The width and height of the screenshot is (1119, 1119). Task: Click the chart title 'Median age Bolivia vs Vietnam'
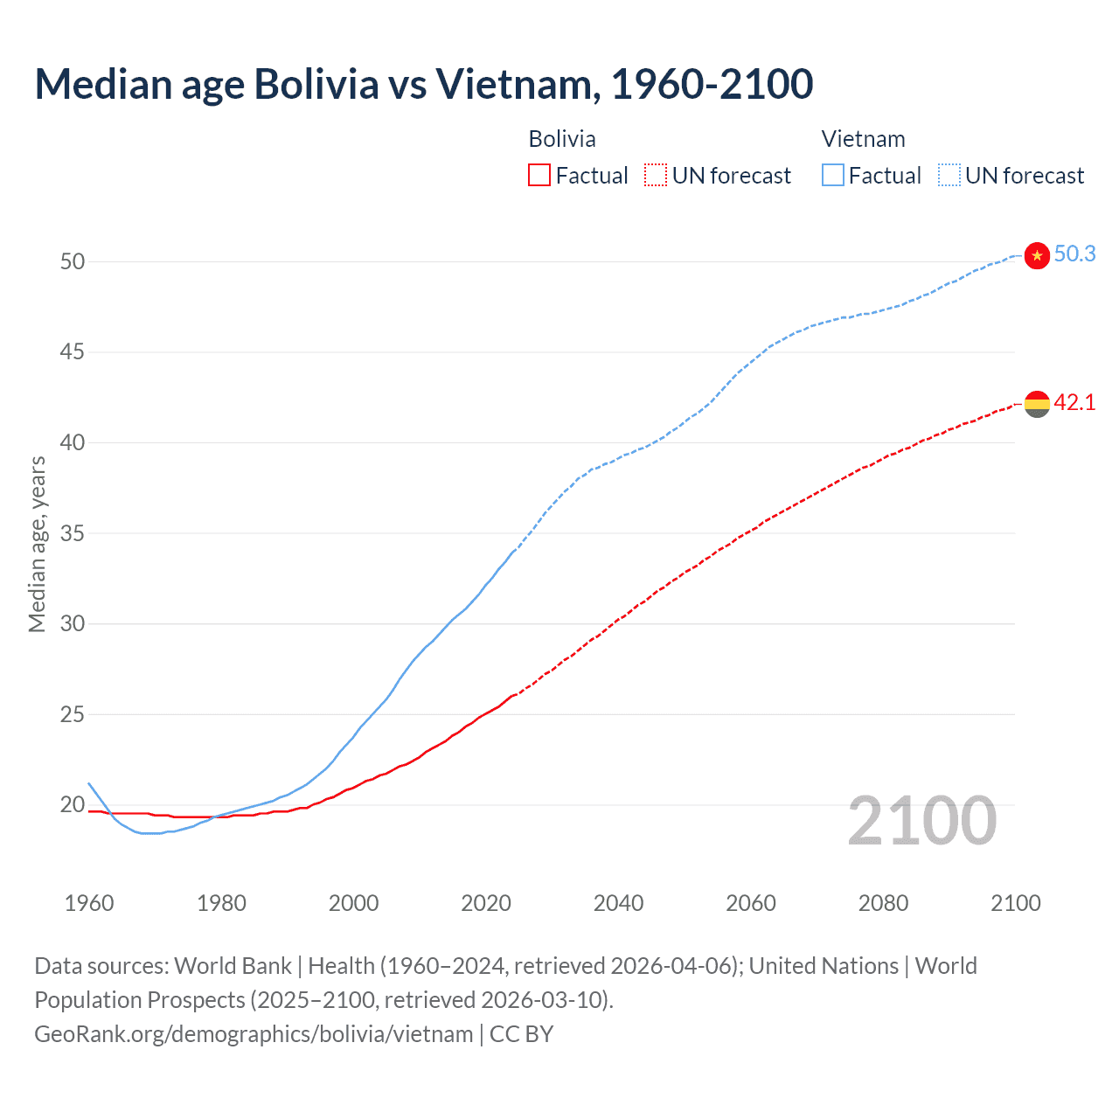[x=424, y=84]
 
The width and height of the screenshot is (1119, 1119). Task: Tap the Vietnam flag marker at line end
[x=1037, y=255]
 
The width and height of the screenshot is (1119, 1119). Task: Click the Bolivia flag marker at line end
[x=1037, y=404]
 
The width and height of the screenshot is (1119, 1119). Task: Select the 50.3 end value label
[x=1074, y=254]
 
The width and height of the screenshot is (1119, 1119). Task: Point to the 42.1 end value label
[x=1074, y=402]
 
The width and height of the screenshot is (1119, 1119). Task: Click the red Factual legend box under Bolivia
[x=539, y=176]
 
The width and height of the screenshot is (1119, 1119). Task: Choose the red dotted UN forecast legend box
[x=656, y=176]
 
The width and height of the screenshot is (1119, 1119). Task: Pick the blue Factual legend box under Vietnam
[x=833, y=176]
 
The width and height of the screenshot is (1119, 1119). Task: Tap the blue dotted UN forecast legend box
[x=949, y=176]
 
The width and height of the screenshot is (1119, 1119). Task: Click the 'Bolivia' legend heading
[x=562, y=139]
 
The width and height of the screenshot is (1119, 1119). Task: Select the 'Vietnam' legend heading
[x=863, y=139]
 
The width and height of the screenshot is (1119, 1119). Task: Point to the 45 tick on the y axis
[x=73, y=352]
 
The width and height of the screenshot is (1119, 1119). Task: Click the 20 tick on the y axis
[x=73, y=804]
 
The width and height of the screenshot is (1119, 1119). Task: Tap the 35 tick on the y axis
[x=73, y=533]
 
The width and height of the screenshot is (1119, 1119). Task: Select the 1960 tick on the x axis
[x=89, y=903]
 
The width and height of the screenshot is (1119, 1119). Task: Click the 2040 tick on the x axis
[x=618, y=903]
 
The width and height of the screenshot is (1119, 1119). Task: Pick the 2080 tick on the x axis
[x=883, y=903]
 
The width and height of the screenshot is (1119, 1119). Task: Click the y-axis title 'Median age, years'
[x=37, y=544]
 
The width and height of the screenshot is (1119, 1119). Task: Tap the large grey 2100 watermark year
[x=922, y=821]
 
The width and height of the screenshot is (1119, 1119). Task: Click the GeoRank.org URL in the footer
[x=254, y=1034]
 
